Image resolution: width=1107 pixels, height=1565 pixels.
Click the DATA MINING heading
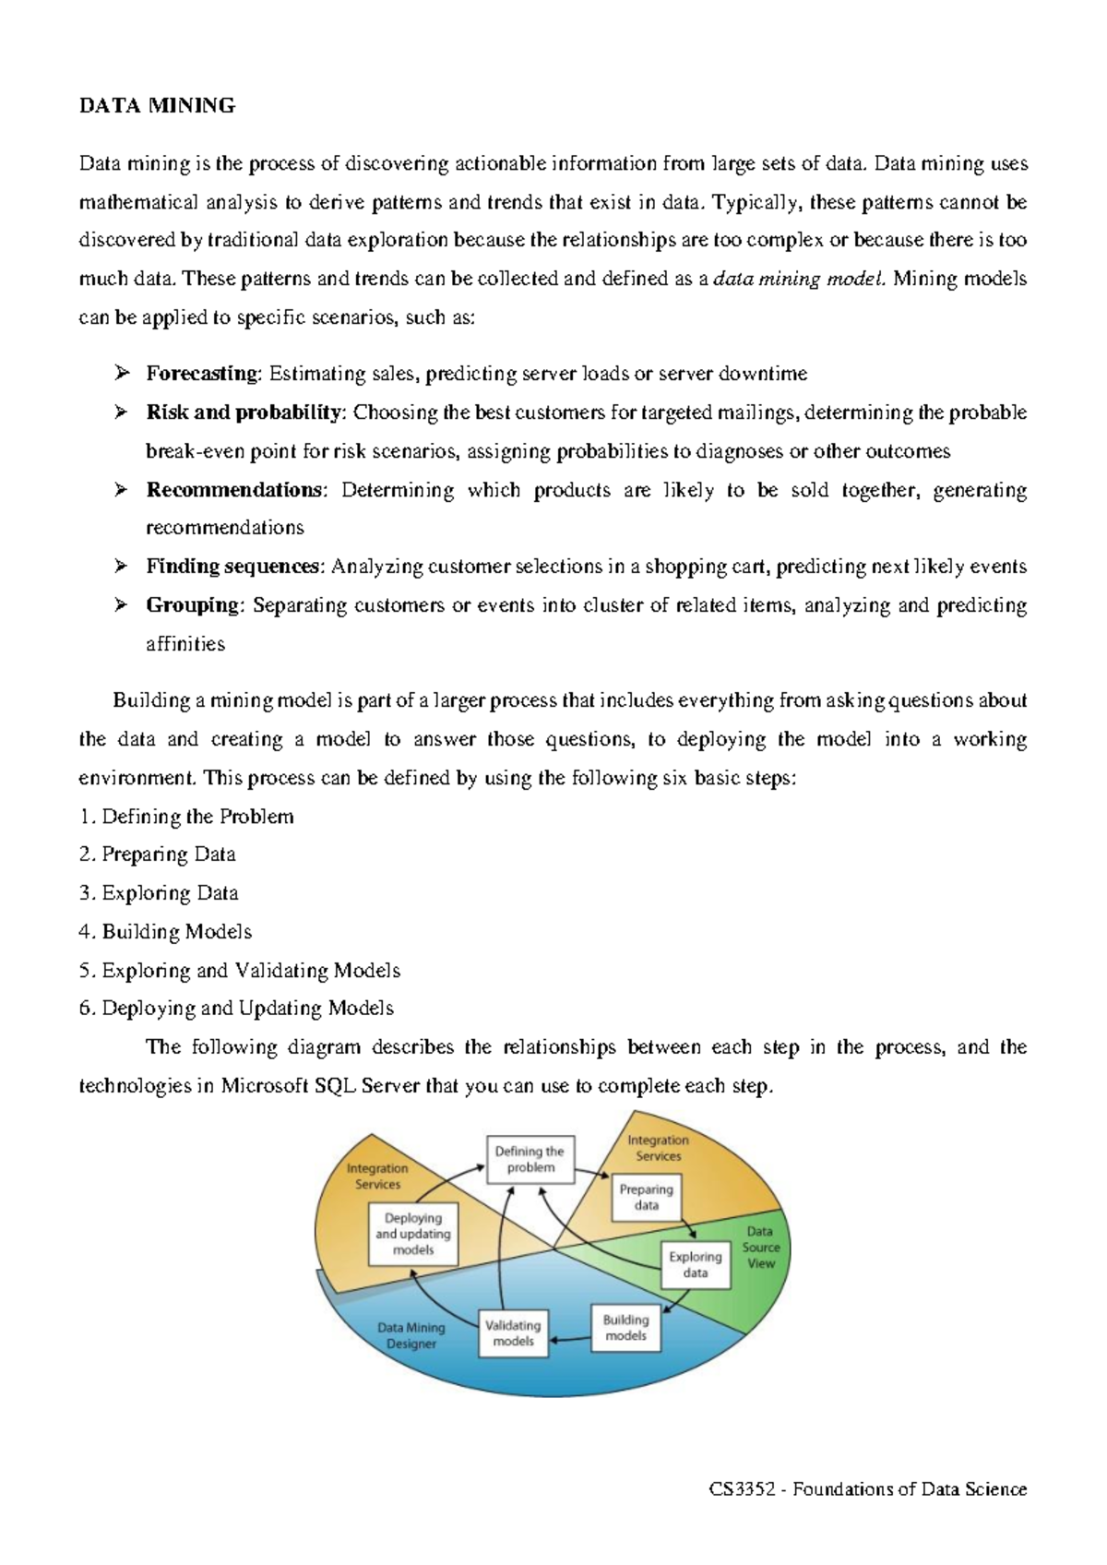[x=157, y=106]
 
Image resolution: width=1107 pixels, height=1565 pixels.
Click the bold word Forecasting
[x=203, y=374]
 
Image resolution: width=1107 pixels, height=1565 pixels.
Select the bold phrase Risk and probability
[x=244, y=412]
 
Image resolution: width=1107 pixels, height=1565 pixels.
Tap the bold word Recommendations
[x=234, y=490]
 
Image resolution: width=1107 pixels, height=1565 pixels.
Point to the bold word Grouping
[x=193, y=605]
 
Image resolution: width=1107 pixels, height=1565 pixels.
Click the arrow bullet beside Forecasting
[x=121, y=374]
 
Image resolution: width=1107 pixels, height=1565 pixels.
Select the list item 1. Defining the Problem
[x=186, y=817]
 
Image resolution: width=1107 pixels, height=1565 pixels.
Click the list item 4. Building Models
[x=165, y=932]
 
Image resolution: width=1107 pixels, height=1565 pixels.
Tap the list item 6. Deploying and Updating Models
[x=236, y=1009]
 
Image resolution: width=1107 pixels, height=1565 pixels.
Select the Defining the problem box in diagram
[x=530, y=1159]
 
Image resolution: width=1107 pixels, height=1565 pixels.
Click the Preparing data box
[x=646, y=1198]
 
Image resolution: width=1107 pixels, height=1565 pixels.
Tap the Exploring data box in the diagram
[x=696, y=1264]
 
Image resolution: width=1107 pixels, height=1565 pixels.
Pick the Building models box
[x=625, y=1328]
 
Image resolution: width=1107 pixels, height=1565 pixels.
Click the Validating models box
[x=513, y=1333]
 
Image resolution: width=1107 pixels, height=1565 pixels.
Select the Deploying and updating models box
[x=412, y=1234]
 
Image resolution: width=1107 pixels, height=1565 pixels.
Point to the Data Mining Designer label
[x=411, y=1335]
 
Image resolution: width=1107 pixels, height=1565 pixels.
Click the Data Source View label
[x=760, y=1248]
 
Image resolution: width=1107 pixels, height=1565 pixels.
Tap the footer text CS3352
[x=742, y=1489]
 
